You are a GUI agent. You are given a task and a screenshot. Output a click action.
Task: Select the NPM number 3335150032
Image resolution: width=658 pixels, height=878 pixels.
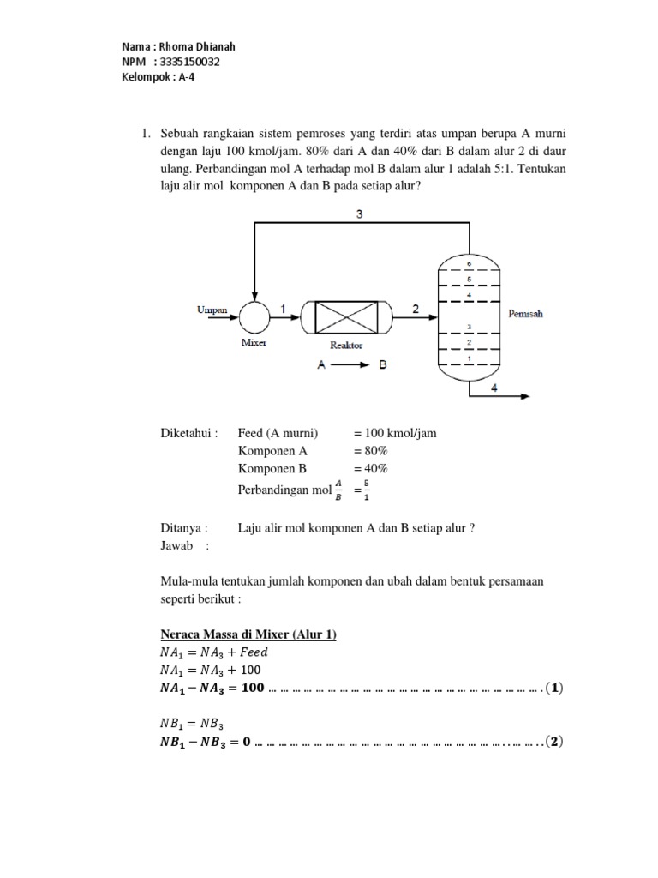196,63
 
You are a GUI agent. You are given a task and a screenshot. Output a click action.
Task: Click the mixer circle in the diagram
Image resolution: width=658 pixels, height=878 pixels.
254,316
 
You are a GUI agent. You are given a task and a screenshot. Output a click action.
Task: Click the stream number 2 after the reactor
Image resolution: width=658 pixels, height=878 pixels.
415,308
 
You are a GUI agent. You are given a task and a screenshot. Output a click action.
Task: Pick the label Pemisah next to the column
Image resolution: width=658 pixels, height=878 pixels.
525,314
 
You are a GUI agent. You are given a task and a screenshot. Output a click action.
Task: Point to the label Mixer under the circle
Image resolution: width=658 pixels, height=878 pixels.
254,343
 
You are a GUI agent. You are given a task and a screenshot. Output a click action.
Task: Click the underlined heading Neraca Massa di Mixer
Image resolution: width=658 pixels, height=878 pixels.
248,634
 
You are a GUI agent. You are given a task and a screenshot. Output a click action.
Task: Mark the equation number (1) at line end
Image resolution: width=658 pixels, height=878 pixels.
555,689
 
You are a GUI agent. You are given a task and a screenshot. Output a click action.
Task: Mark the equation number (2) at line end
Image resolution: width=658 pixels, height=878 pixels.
555,743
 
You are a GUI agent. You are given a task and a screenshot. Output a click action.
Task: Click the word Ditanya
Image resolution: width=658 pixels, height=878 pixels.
184,528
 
